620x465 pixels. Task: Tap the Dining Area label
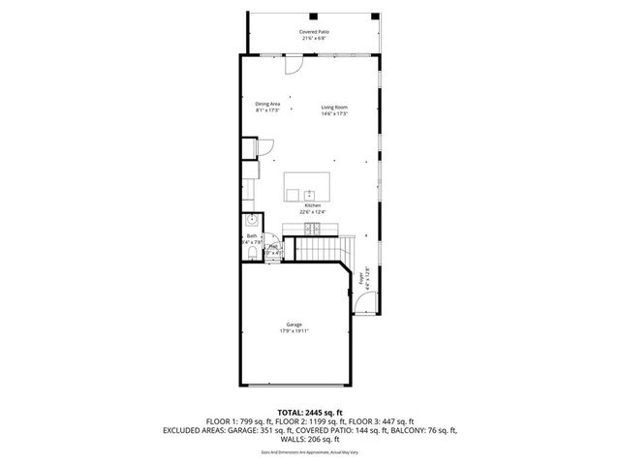pos(267,104)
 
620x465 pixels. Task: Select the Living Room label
pos(334,107)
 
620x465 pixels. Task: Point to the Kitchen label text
pos(312,205)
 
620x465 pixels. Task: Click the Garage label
pos(294,324)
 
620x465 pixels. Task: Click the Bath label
pos(252,235)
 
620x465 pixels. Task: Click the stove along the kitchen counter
pos(313,229)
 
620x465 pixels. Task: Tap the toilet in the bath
pos(251,254)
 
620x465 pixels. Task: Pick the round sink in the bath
pos(252,219)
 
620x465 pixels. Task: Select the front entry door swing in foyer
pos(365,305)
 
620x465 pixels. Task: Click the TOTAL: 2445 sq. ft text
pos(309,413)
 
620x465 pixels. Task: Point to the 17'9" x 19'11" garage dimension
pos(294,330)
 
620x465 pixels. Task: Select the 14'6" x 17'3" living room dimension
pos(334,113)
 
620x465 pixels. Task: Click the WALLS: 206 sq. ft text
pos(310,440)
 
